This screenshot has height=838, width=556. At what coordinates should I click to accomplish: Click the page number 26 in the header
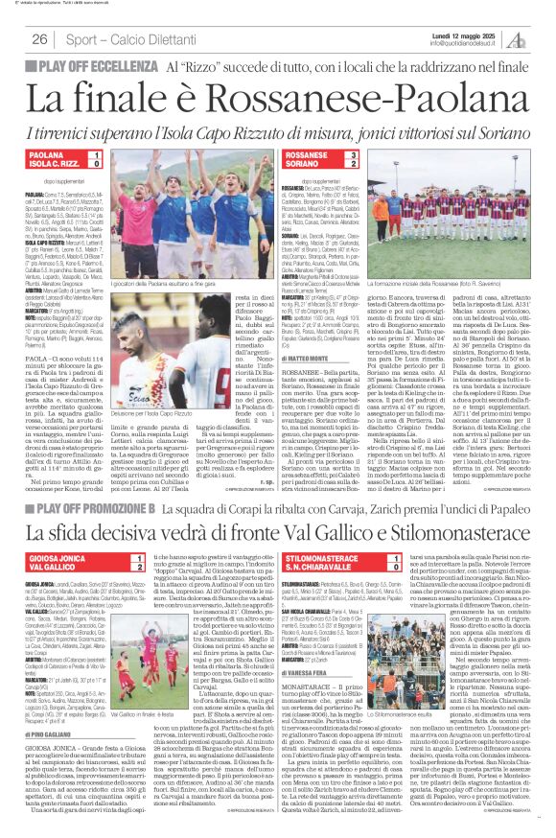coord(39,39)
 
